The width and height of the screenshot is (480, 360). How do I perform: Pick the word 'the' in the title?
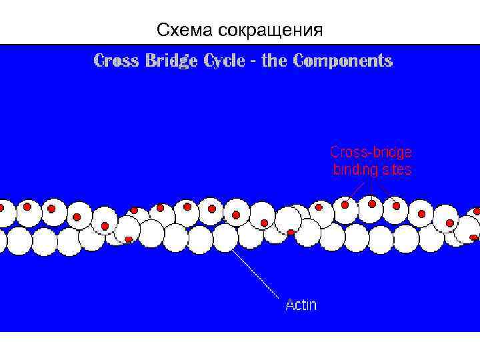click(x=274, y=61)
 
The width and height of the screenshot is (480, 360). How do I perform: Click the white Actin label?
click(x=301, y=305)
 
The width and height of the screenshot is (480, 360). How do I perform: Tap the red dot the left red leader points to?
click(x=345, y=205)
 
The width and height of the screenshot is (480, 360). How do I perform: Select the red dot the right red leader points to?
click(x=397, y=206)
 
